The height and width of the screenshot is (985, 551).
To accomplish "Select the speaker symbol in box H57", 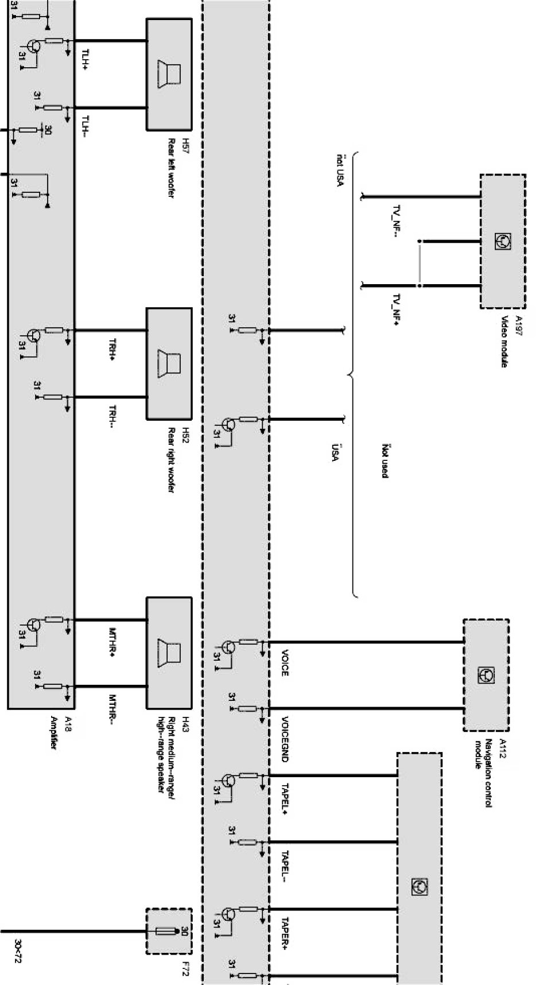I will pos(169,74).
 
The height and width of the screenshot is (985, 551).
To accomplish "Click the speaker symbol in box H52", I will pos(169,363).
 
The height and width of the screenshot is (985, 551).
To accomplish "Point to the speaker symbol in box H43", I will pos(169,653).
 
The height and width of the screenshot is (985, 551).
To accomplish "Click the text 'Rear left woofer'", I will pos(170,168).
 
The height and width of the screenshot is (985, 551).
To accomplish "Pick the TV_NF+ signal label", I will pos(396,311).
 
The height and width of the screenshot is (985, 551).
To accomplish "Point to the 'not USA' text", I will pos(339,170).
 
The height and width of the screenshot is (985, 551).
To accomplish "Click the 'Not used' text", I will pos(386,460).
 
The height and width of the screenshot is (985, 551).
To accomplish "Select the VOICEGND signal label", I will pos(285,739).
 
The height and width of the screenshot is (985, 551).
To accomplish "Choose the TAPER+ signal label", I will pos(285,933).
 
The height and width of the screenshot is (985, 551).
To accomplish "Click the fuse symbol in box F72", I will pos(169,931).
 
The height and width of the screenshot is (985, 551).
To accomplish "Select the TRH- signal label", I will pos(112,417).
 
